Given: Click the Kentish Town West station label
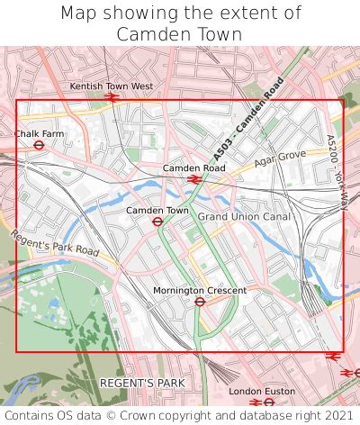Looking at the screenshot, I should point(112,86).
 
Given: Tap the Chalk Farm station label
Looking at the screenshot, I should point(40,134).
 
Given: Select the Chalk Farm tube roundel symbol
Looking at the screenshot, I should point(40,145).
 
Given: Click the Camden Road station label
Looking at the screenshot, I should point(193,168).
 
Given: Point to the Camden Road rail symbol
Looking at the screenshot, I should point(193,179).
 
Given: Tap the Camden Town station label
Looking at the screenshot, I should point(157,211).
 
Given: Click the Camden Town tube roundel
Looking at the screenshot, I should point(157,222).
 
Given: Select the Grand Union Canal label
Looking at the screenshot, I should point(244,217).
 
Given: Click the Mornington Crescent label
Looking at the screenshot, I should point(199,291).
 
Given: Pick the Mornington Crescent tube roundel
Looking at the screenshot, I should point(199,302).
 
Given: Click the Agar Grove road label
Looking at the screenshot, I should point(274,157).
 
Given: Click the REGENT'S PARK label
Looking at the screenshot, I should point(142,384).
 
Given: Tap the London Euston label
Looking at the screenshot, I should point(262,392).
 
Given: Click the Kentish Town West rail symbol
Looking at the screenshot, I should point(112,96).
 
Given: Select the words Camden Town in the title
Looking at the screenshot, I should point(179,34).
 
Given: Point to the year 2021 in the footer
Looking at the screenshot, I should point(337,416).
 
